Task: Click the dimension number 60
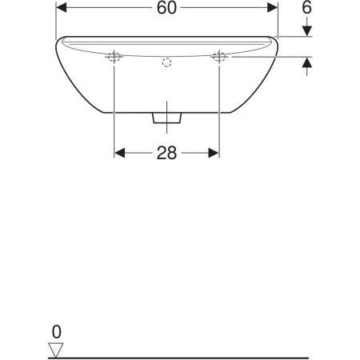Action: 166,8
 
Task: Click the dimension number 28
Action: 166,153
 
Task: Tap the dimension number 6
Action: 306,7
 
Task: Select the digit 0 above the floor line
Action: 57,332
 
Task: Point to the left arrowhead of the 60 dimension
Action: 61,8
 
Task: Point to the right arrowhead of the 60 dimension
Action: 272,8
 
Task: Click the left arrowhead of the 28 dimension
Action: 119,153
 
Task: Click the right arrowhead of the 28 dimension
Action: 214,153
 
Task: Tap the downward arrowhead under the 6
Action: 307,31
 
